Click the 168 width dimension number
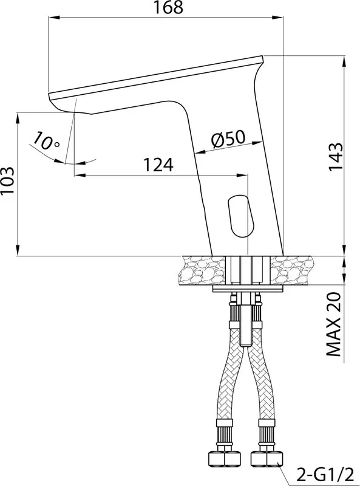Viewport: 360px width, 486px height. coord(169,7)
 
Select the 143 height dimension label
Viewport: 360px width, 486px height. coord(336,156)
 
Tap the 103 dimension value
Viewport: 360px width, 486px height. coord(7,180)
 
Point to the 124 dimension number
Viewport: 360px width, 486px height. coord(158,165)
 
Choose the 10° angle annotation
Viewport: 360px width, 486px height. coord(46,141)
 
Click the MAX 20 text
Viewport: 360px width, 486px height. coord(334,324)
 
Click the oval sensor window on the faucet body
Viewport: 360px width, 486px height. coord(242,216)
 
